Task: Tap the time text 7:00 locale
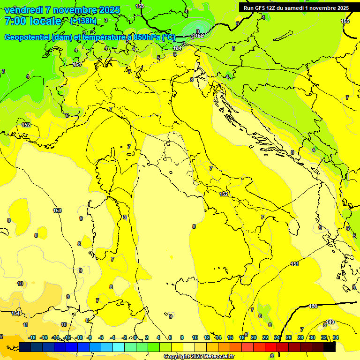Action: coord(33,21)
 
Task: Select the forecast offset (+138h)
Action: coord(83,21)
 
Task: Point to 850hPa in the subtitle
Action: coord(147,37)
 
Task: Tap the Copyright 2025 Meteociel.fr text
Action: coord(199,356)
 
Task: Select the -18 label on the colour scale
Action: coord(32,337)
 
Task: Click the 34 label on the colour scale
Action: coord(336,337)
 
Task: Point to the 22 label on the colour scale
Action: coord(265,337)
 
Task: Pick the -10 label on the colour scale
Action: coord(79,337)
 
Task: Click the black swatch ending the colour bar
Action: coord(330,347)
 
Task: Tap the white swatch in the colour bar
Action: coord(189,347)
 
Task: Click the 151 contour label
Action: coord(295,264)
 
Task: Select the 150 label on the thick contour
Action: coord(313,306)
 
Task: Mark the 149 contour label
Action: coord(330,322)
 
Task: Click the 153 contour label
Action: coord(57,210)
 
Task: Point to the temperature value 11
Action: coord(26,324)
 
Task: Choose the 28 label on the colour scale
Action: coord(300,337)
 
